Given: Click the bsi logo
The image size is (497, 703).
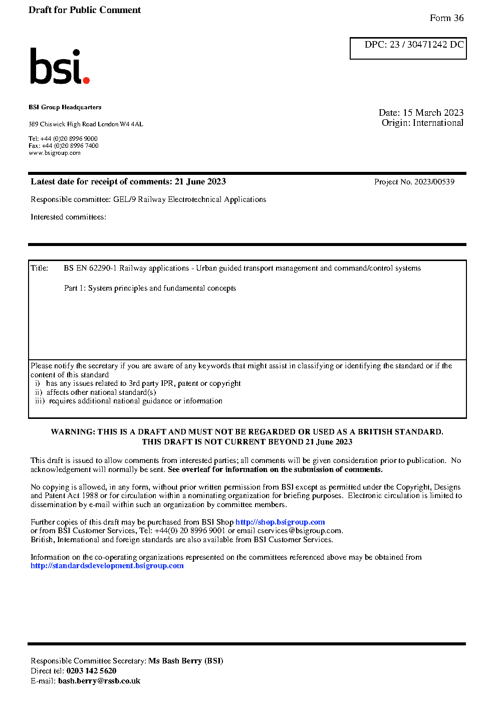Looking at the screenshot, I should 59,67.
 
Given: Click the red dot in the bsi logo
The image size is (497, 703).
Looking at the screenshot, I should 86,80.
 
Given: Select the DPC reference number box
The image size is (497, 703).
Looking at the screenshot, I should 408,48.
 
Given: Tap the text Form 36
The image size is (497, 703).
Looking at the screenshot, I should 446,18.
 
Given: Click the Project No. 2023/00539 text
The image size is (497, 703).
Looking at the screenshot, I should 414,182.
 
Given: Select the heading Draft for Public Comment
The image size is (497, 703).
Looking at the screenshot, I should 85,10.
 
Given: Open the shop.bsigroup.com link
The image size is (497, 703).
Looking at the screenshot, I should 280,522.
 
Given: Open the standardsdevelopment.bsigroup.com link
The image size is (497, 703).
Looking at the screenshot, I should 107,566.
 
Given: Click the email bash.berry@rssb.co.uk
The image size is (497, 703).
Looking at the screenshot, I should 99,681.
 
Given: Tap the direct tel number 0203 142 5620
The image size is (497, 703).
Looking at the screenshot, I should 91,671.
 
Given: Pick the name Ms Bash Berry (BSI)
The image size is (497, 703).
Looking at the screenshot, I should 185,661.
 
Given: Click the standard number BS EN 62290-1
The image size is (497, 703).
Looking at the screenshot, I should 90,268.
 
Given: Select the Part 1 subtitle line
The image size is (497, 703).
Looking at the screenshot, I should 150,288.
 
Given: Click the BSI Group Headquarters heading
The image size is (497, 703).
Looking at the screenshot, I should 65,107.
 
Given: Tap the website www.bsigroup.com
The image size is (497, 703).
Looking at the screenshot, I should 55,153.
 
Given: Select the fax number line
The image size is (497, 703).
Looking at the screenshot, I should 64,146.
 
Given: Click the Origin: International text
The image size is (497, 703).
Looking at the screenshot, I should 422,123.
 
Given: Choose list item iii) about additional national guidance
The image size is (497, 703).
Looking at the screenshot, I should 129,401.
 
